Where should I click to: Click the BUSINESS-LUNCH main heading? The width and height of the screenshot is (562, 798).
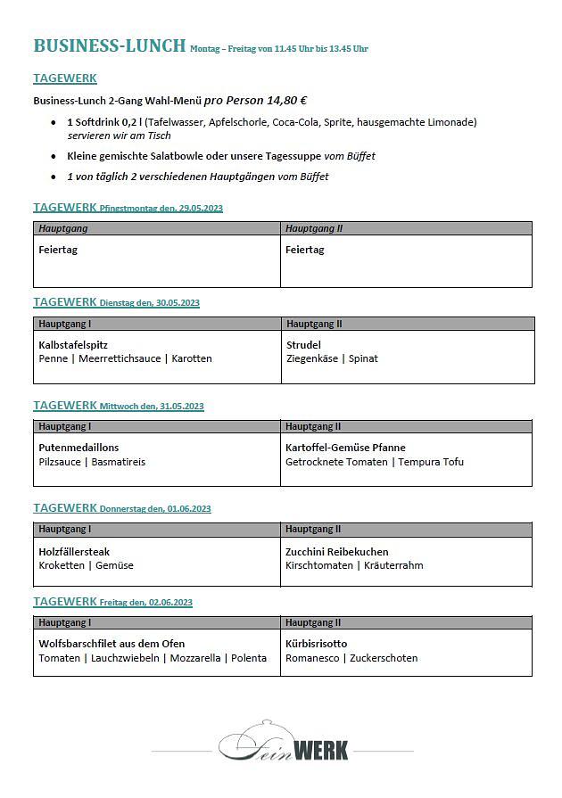tap(109, 45)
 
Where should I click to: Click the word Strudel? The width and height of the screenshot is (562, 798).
tap(303, 344)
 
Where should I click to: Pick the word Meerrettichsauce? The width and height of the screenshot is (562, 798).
tap(120, 358)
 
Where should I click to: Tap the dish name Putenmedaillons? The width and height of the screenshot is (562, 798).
tap(79, 448)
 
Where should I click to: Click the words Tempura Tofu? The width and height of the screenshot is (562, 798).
tap(431, 462)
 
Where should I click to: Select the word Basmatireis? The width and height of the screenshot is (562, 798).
tap(119, 462)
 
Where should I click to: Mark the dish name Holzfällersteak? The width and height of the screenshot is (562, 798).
tap(74, 552)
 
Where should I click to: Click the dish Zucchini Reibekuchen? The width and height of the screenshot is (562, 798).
tap(336, 552)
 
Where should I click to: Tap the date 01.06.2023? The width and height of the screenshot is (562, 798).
tap(188, 509)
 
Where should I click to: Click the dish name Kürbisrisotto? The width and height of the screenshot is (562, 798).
tap(316, 644)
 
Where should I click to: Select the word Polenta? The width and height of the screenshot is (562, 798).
tap(249, 658)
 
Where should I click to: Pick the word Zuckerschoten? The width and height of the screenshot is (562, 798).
tap(384, 658)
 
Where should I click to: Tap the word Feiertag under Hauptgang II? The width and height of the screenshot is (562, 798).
tap(304, 250)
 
